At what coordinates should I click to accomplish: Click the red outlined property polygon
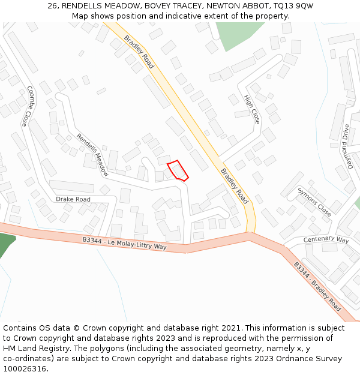(x=178, y=170)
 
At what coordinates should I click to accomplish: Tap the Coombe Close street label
(x=27, y=106)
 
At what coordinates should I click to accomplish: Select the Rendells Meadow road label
(x=92, y=154)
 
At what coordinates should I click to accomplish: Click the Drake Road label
(x=73, y=199)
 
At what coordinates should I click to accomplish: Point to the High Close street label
(x=252, y=109)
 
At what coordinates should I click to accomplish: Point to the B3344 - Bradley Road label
(x=317, y=286)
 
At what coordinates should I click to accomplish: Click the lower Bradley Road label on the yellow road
(x=234, y=185)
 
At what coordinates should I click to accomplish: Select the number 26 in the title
(x=52, y=6)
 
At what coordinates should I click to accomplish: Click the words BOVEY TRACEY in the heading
(x=168, y=6)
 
